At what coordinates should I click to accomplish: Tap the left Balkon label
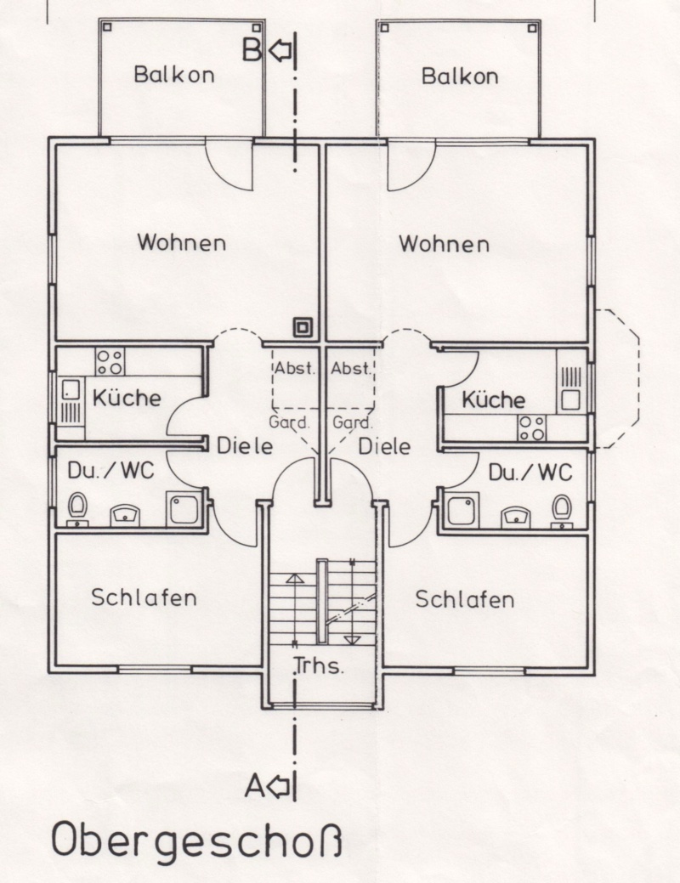[174, 74]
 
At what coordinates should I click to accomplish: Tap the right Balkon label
[460, 76]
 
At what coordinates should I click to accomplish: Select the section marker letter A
[254, 786]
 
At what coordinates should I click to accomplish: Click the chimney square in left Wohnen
[303, 327]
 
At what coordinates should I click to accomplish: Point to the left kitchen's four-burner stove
[110, 361]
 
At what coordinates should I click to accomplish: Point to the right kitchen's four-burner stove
[532, 428]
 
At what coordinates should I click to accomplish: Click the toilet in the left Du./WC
[77, 509]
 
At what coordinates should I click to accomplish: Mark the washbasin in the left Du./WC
[124, 515]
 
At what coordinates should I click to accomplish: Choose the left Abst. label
[294, 368]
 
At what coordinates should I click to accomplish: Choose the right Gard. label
[353, 422]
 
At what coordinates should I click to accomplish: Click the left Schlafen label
[144, 597]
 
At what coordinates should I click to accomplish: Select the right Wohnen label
[444, 244]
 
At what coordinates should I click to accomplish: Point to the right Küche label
[494, 399]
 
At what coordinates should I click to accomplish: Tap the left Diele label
[245, 446]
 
